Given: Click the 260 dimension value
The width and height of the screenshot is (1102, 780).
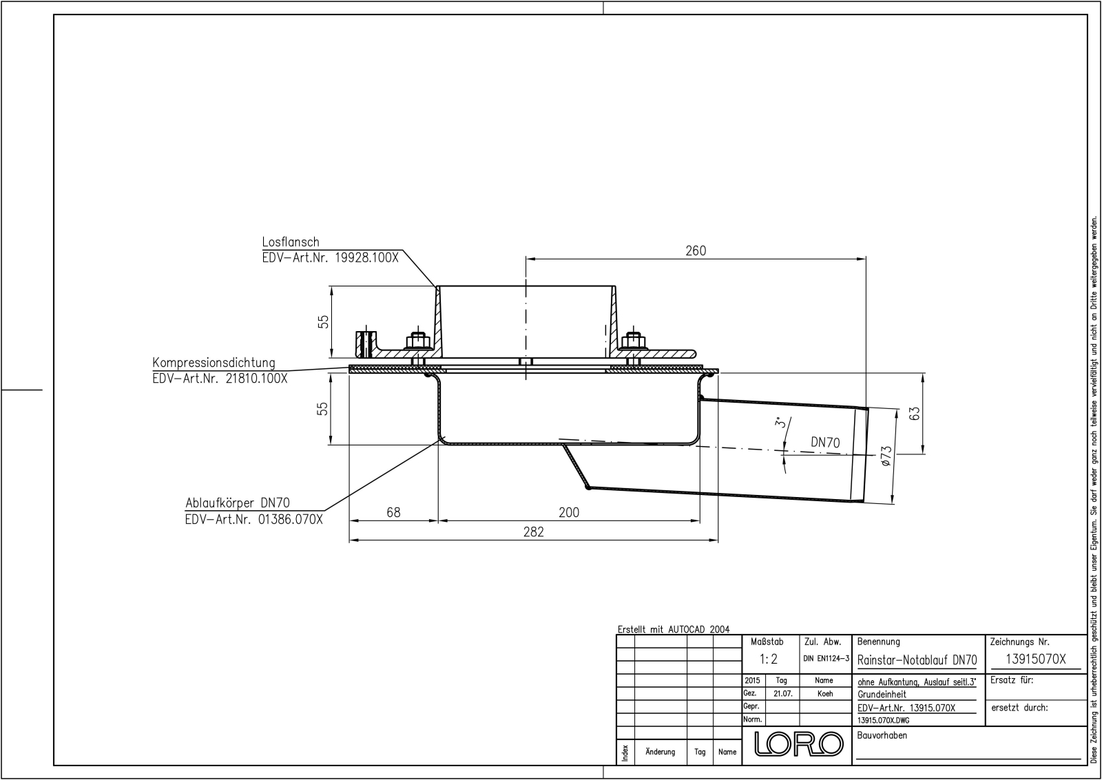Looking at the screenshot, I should [x=696, y=251].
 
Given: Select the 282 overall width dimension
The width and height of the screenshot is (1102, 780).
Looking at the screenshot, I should [x=533, y=532].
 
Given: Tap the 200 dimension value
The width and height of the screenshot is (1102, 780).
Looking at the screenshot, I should [x=569, y=512].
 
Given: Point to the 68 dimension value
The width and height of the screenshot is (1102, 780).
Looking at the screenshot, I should [x=393, y=512].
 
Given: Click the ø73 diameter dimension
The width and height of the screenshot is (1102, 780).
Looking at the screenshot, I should [x=886, y=456].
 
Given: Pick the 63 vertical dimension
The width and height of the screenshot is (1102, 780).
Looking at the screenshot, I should [x=915, y=414].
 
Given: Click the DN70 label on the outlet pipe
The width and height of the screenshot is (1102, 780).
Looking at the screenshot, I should [x=824, y=443].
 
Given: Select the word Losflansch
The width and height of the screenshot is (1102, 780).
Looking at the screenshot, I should [x=291, y=242].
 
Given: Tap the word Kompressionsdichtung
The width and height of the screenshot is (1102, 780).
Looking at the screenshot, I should [x=214, y=363].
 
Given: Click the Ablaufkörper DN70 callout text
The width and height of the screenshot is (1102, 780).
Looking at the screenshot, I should [x=237, y=504].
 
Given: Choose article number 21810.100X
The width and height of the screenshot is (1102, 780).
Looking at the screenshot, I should [x=256, y=378].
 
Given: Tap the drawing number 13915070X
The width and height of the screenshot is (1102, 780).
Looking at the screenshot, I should [x=1035, y=659].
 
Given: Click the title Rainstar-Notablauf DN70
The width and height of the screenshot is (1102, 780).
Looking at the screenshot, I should [x=917, y=660].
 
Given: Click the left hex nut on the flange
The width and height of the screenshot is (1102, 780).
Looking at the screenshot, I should [x=416, y=341].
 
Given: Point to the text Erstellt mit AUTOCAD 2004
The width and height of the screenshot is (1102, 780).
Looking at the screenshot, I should [x=673, y=629].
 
